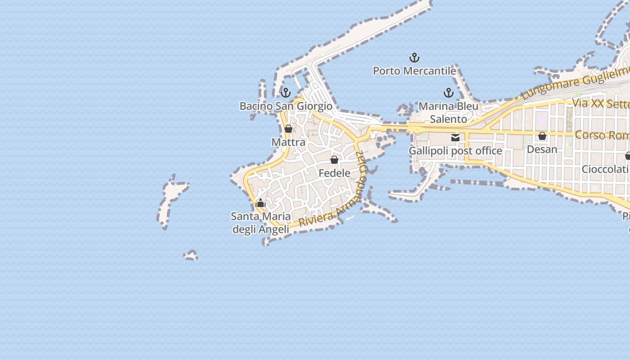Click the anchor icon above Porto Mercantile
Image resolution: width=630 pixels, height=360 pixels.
click(x=414, y=58)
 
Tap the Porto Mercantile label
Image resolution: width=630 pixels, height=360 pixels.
click(x=414, y=71)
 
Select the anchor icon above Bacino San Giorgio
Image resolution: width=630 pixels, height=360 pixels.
click(x=285, y=93)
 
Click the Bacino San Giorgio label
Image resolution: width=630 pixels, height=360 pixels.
click(x=286, y=106)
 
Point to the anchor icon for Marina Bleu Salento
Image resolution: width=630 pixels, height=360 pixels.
click(x=448, y=93)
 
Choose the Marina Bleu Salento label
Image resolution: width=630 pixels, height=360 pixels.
click(x=448, y=112)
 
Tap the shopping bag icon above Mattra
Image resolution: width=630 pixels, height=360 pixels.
click(x=288, y=129)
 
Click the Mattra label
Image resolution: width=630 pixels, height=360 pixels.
click(x=288, y=142)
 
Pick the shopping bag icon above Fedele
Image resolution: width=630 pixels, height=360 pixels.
click(x=334, y=160)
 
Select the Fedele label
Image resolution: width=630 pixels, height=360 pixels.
click(x=334, y=173)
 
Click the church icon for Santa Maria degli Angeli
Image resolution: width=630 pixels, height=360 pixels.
click(x=261, y=203)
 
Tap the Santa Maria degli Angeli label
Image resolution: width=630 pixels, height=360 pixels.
click(x=261, y=223)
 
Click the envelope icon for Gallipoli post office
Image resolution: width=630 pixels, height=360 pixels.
click(x=455, y=138)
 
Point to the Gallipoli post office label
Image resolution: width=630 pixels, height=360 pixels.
click(x=455, y=151)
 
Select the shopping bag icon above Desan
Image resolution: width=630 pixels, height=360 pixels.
click(x=542, y=136)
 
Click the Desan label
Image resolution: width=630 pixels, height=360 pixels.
click(x=542, y=149)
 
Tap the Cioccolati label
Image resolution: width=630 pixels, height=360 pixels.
click(x=605, y=169)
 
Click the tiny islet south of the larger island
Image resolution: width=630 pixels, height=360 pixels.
click(x=191, y=256)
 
